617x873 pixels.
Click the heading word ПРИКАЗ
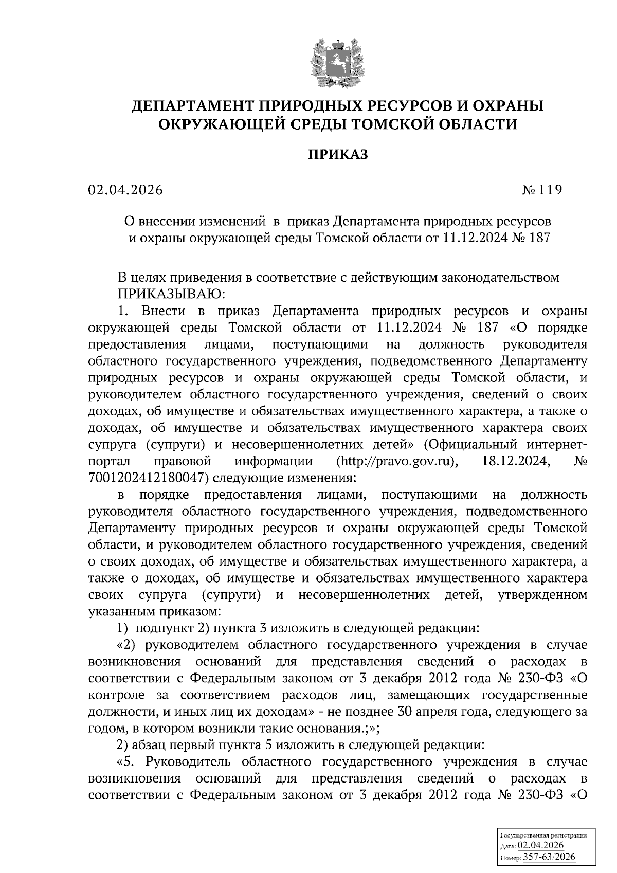coord(338,155)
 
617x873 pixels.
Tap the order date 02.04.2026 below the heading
coord(125,190)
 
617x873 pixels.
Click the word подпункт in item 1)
coord(158,628)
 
